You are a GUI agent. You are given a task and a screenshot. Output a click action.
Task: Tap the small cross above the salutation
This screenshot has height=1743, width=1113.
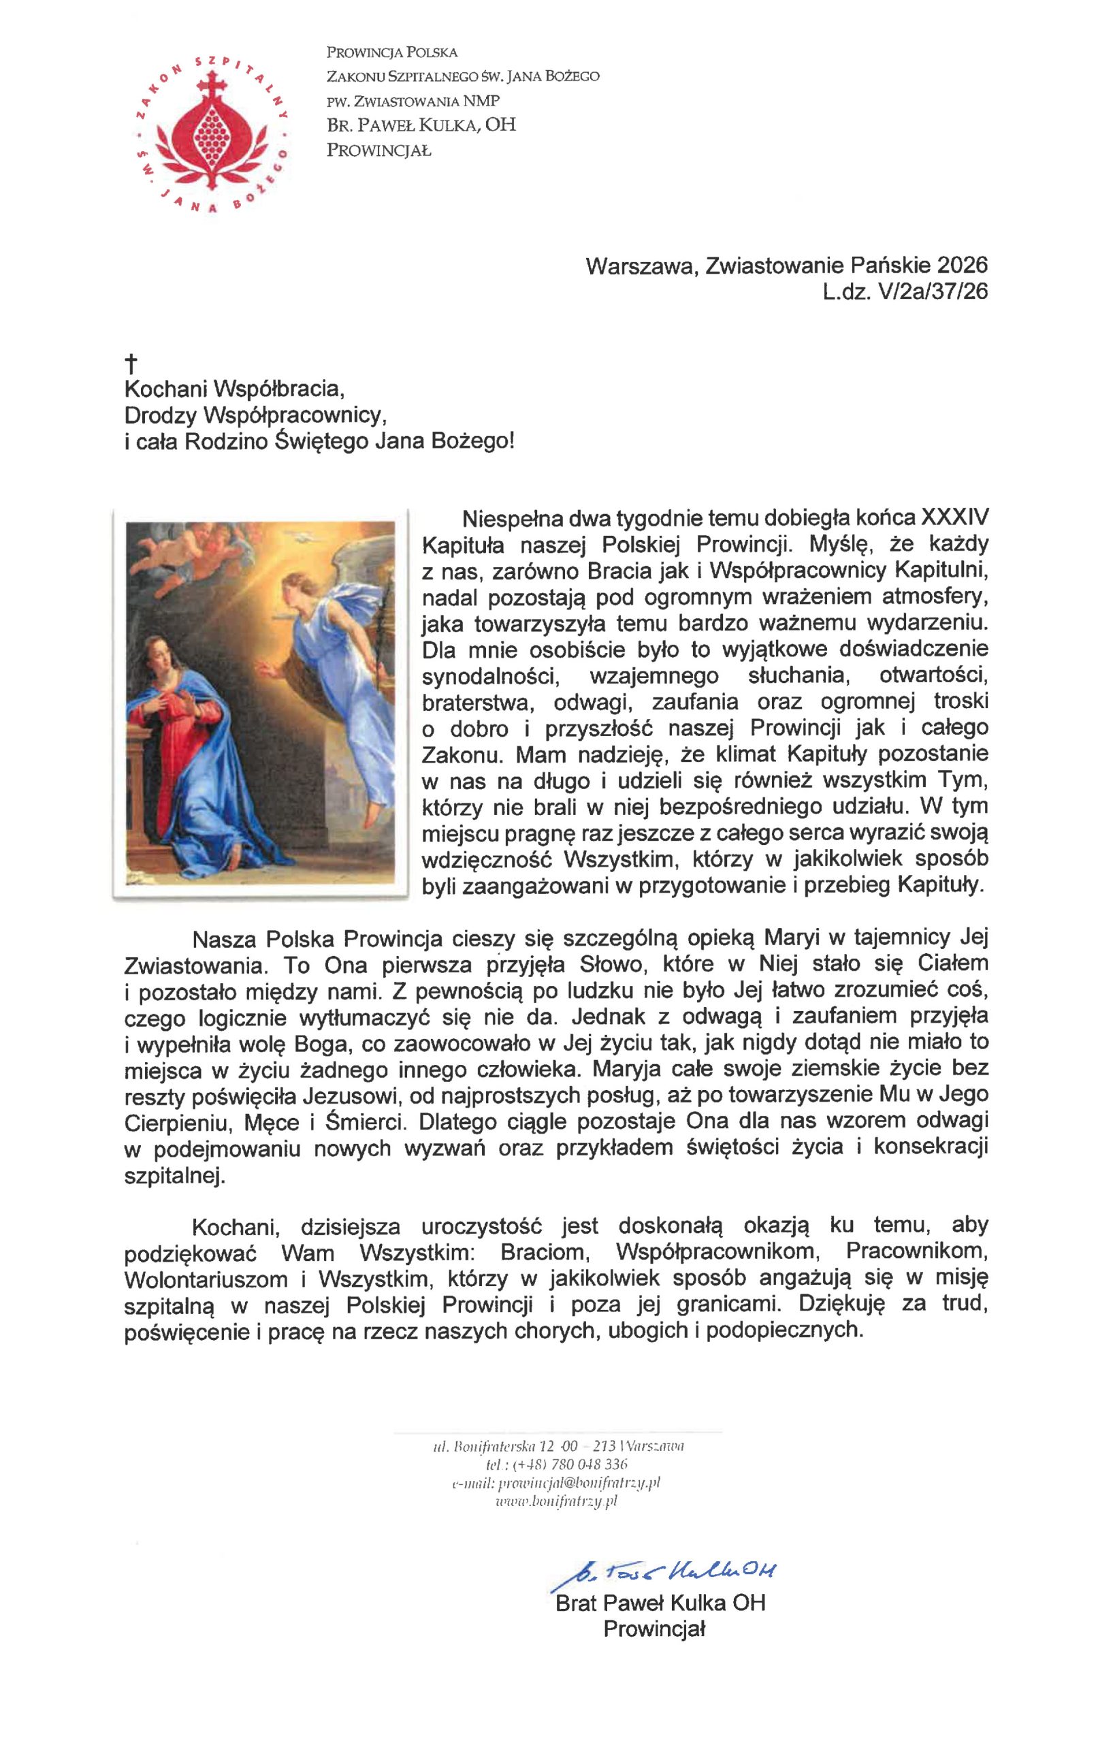coord(131,363)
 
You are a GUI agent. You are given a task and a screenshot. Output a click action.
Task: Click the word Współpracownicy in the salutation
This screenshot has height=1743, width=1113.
coord(292,415)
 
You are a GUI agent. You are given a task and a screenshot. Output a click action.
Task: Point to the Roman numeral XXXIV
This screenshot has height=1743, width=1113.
coord(954,518)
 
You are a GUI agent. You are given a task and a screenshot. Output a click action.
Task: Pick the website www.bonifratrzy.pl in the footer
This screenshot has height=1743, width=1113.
coord(557,1502)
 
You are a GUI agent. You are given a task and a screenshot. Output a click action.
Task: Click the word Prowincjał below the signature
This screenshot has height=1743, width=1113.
coord(654,1629)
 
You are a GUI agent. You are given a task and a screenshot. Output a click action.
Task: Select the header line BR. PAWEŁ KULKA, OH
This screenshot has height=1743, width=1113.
coord(421,125)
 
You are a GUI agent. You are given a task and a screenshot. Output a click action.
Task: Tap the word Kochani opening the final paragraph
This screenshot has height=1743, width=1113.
coord(235,1227)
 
